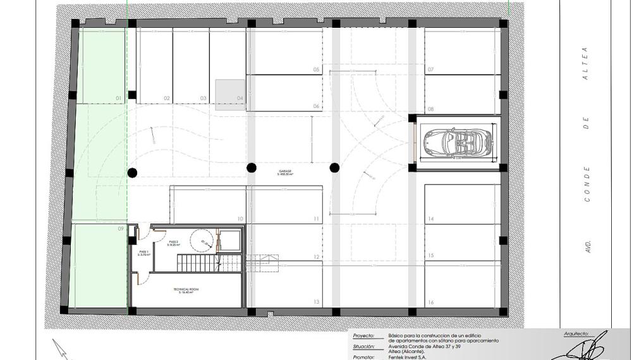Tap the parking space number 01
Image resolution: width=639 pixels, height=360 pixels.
pos(118,99)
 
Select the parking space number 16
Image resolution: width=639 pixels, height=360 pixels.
pos(430,303)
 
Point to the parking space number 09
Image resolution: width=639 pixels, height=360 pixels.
pos(119,230)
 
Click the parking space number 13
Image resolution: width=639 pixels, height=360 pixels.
pos(316,303)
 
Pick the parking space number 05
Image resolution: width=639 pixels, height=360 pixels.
pos(316,69)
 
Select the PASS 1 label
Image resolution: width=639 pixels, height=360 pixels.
pos(144,252)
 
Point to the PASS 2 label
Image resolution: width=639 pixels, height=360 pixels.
pos(174,242)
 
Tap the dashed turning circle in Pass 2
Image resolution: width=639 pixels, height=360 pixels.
pos(204,239)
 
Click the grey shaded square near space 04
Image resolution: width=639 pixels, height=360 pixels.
pos(230,95)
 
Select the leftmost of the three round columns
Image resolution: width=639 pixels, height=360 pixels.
pos(132,172)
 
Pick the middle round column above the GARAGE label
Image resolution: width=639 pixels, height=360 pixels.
pos(252,167)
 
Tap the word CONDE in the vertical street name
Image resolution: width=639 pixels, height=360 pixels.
pos(587,184)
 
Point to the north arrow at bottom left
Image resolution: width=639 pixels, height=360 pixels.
pos(61,349)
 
